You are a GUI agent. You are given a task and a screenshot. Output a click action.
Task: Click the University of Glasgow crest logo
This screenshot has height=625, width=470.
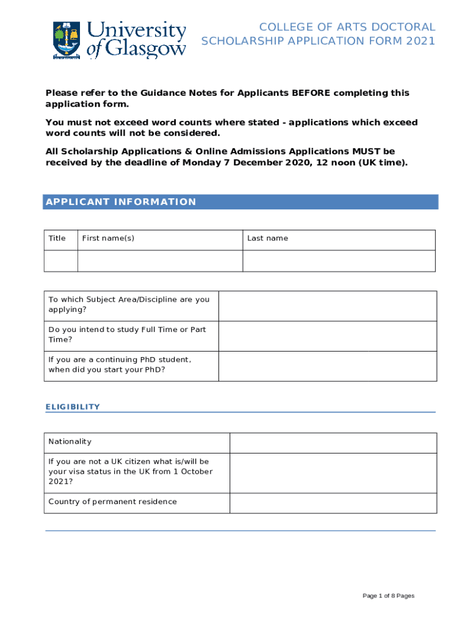67,40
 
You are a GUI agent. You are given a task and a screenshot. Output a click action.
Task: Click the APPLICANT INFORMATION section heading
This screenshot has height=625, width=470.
121,202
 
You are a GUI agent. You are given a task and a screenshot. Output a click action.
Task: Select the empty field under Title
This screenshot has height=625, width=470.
60,261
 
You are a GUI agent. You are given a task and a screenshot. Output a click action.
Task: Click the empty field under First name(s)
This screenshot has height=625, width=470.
160,261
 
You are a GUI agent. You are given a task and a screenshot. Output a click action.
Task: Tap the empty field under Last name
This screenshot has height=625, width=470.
339,261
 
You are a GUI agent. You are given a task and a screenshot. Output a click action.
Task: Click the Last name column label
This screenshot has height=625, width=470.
267,239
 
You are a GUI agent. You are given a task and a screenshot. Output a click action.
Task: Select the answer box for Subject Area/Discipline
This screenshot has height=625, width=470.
327,306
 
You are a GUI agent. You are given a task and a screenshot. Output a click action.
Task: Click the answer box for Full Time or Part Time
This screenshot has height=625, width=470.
327,336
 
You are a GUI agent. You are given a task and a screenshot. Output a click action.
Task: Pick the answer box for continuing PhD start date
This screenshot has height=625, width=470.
327,366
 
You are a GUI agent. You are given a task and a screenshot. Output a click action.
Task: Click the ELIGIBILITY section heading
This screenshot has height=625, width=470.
73,407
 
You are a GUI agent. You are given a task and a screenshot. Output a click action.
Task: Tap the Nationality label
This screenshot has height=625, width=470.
70,442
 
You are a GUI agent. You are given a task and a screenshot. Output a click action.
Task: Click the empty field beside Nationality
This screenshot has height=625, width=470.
333,443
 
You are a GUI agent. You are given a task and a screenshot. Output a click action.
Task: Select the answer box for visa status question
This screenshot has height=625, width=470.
333,473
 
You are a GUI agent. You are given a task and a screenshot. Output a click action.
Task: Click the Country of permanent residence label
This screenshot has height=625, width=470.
112,502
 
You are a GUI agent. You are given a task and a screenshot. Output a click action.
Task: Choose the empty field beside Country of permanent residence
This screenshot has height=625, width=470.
333,503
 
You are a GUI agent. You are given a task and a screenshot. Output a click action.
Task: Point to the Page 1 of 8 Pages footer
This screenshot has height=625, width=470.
388,596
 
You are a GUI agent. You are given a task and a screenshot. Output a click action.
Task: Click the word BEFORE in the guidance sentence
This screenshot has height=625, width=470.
311,93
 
